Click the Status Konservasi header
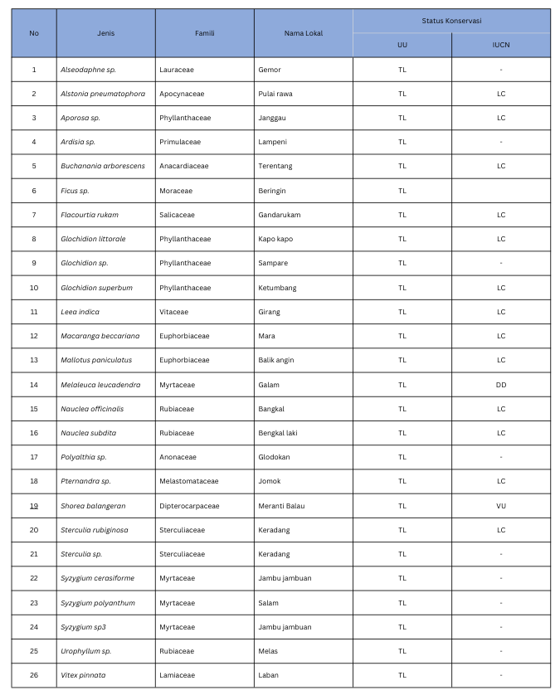tap(451, 21)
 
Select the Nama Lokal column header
tap(303, 33)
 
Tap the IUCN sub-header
tap(500, 46)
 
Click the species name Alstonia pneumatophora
tap(102, 94)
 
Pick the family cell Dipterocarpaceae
tap(189, 505)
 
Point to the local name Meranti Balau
tap(282, 505)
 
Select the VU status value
tap(500, 505)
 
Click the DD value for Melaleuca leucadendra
tap(500, 385)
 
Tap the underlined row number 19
tap(34, 505)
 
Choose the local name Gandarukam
tap(279, 215)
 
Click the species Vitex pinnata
tap(83, 675)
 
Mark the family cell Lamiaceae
tap(177, 675)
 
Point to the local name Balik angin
tap(275, 360)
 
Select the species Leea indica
tap(80, 312)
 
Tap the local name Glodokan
tap(274, 457)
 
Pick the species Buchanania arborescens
tap(102, 166)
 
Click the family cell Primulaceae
tap(179, 142)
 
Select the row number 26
tap(34, 675)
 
